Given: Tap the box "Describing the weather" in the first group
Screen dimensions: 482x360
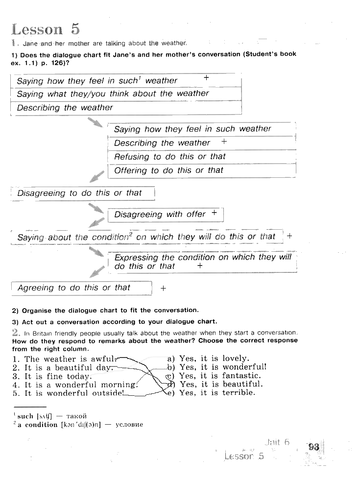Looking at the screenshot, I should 65,108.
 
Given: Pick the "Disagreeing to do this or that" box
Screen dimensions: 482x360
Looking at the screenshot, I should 79,193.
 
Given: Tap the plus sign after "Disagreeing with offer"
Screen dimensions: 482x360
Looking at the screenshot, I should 214,213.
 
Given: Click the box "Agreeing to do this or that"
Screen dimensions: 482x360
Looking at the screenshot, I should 74,288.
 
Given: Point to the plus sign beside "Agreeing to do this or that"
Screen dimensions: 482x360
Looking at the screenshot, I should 163,289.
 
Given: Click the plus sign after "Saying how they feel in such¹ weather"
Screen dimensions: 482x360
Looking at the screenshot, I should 206,78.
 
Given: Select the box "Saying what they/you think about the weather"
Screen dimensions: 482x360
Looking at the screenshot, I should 113,94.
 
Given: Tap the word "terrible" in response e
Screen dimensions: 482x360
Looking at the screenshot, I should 239,393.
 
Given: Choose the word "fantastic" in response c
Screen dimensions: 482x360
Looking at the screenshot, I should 241,376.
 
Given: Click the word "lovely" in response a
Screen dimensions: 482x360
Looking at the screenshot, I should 236,359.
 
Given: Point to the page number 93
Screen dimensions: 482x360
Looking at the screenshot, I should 314,447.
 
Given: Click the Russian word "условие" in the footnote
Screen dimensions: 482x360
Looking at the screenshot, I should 129,425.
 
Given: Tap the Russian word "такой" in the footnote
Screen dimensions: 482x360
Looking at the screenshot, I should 76,416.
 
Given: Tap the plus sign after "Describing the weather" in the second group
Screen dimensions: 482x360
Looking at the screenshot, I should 224,141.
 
